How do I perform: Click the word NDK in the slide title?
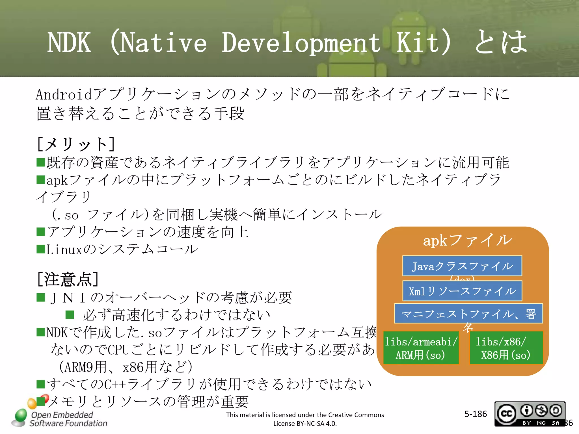point(69,43)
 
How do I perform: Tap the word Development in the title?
point(301,43)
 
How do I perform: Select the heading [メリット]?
point(76,144)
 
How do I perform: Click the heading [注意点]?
point(68,279)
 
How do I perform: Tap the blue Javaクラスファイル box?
point(462,266)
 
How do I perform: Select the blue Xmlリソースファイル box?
point(462,291)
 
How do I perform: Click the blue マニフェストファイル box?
point(468,314)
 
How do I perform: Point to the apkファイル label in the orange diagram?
point(467,241)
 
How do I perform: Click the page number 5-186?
point(476,414)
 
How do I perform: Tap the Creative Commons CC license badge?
point(530,414)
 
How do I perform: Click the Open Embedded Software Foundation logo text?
point(68,419)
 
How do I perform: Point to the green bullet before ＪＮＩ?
point(41,298)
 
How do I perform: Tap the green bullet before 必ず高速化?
point(70,315)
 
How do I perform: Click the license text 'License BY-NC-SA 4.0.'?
point(305,424)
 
